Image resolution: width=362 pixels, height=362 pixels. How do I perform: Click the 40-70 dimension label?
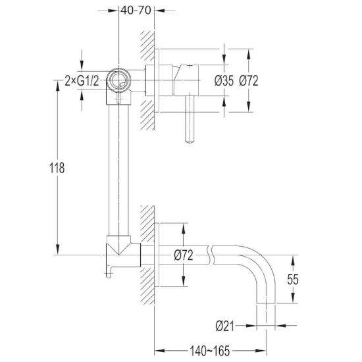coord(136,11)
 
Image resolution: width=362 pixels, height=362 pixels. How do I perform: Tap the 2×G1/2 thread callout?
coord(82,81)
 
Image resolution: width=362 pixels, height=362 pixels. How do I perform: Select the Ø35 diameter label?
coord(224,81)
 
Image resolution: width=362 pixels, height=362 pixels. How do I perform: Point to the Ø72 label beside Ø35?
coord(248,81)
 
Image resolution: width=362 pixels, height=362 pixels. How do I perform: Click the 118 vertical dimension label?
coord(57,168)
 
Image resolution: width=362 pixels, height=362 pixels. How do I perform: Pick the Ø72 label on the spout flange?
coord(184,255)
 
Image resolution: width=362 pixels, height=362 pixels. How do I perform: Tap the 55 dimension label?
coord(293,279)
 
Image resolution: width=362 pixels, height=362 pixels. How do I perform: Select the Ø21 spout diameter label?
coord(224,326)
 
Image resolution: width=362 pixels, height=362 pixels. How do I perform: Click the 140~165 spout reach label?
coord(210,351)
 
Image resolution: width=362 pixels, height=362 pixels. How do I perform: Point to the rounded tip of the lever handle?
coord(190,142)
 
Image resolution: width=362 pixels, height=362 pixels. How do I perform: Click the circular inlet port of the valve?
coord(118,80)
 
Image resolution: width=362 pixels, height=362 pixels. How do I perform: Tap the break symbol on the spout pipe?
coord(211,255)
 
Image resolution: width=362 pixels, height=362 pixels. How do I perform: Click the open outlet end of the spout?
coord(266,303)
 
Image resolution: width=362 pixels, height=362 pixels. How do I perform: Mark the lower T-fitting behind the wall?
coord(123,251)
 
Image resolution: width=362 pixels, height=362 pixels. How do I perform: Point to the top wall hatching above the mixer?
coord(147,45)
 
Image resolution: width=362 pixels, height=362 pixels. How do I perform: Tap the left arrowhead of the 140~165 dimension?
coord(159,351)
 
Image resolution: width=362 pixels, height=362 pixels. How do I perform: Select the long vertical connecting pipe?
coord(118,170)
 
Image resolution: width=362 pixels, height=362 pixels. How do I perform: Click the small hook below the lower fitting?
coord(109,272)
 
